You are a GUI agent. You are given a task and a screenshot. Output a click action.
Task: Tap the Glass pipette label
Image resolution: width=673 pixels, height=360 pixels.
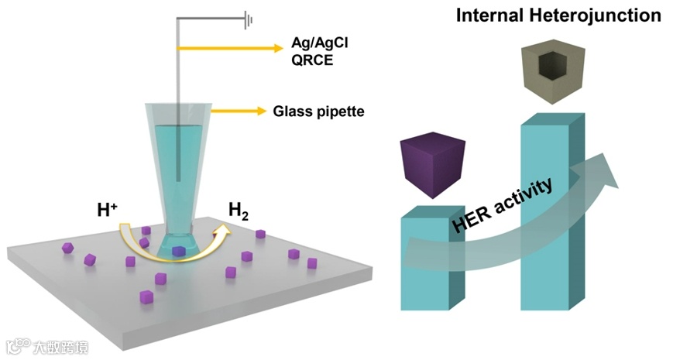point(318,111)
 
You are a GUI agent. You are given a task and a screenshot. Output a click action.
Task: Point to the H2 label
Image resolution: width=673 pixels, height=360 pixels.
point(239,208)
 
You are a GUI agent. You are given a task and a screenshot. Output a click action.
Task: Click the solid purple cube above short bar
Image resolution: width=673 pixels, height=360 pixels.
point(432,164)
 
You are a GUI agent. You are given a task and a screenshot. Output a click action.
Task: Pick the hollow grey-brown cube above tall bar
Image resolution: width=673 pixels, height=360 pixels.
point(552,74)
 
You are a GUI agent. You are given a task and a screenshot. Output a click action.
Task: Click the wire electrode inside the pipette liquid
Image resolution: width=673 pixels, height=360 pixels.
point(179,155)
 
